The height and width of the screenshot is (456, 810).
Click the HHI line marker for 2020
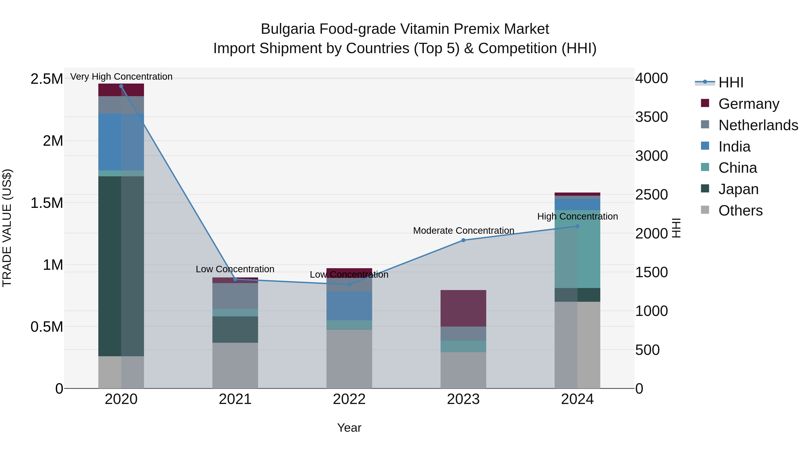tap(121, 86)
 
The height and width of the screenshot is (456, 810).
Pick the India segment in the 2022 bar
tap(349, 306)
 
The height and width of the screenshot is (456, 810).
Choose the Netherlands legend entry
tap(758, 125)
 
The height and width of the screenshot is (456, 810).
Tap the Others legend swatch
tap(705, 210)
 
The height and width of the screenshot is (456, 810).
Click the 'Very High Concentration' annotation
tap(121, 77)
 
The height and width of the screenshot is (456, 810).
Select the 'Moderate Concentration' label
tap(463, 231)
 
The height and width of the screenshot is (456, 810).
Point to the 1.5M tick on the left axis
tap(47, 203)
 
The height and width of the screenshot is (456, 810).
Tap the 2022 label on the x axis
tap(349, 399)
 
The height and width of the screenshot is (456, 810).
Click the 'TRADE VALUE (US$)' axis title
tap(7, 228)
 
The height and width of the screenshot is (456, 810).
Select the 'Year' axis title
tap(349, 428)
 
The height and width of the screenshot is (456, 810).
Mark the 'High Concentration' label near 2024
tap(577, 216)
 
